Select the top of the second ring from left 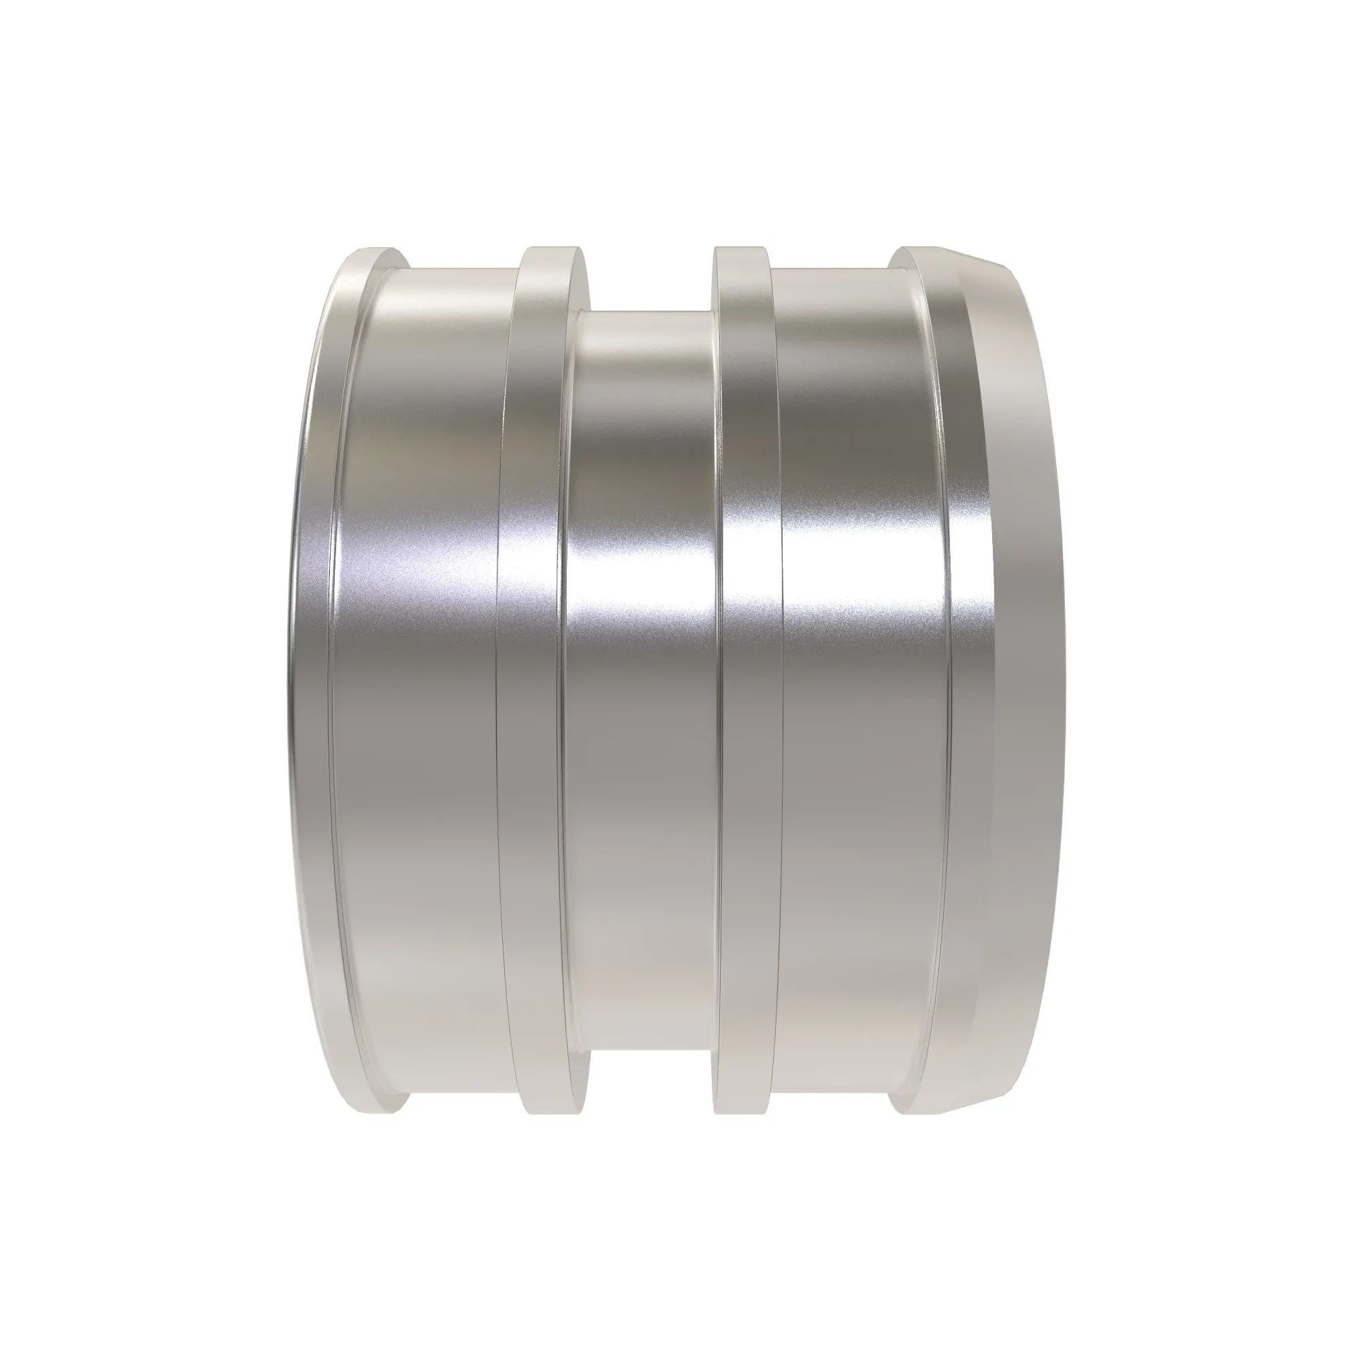(x=557, y=248)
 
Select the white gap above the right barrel (x=832, y=257)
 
